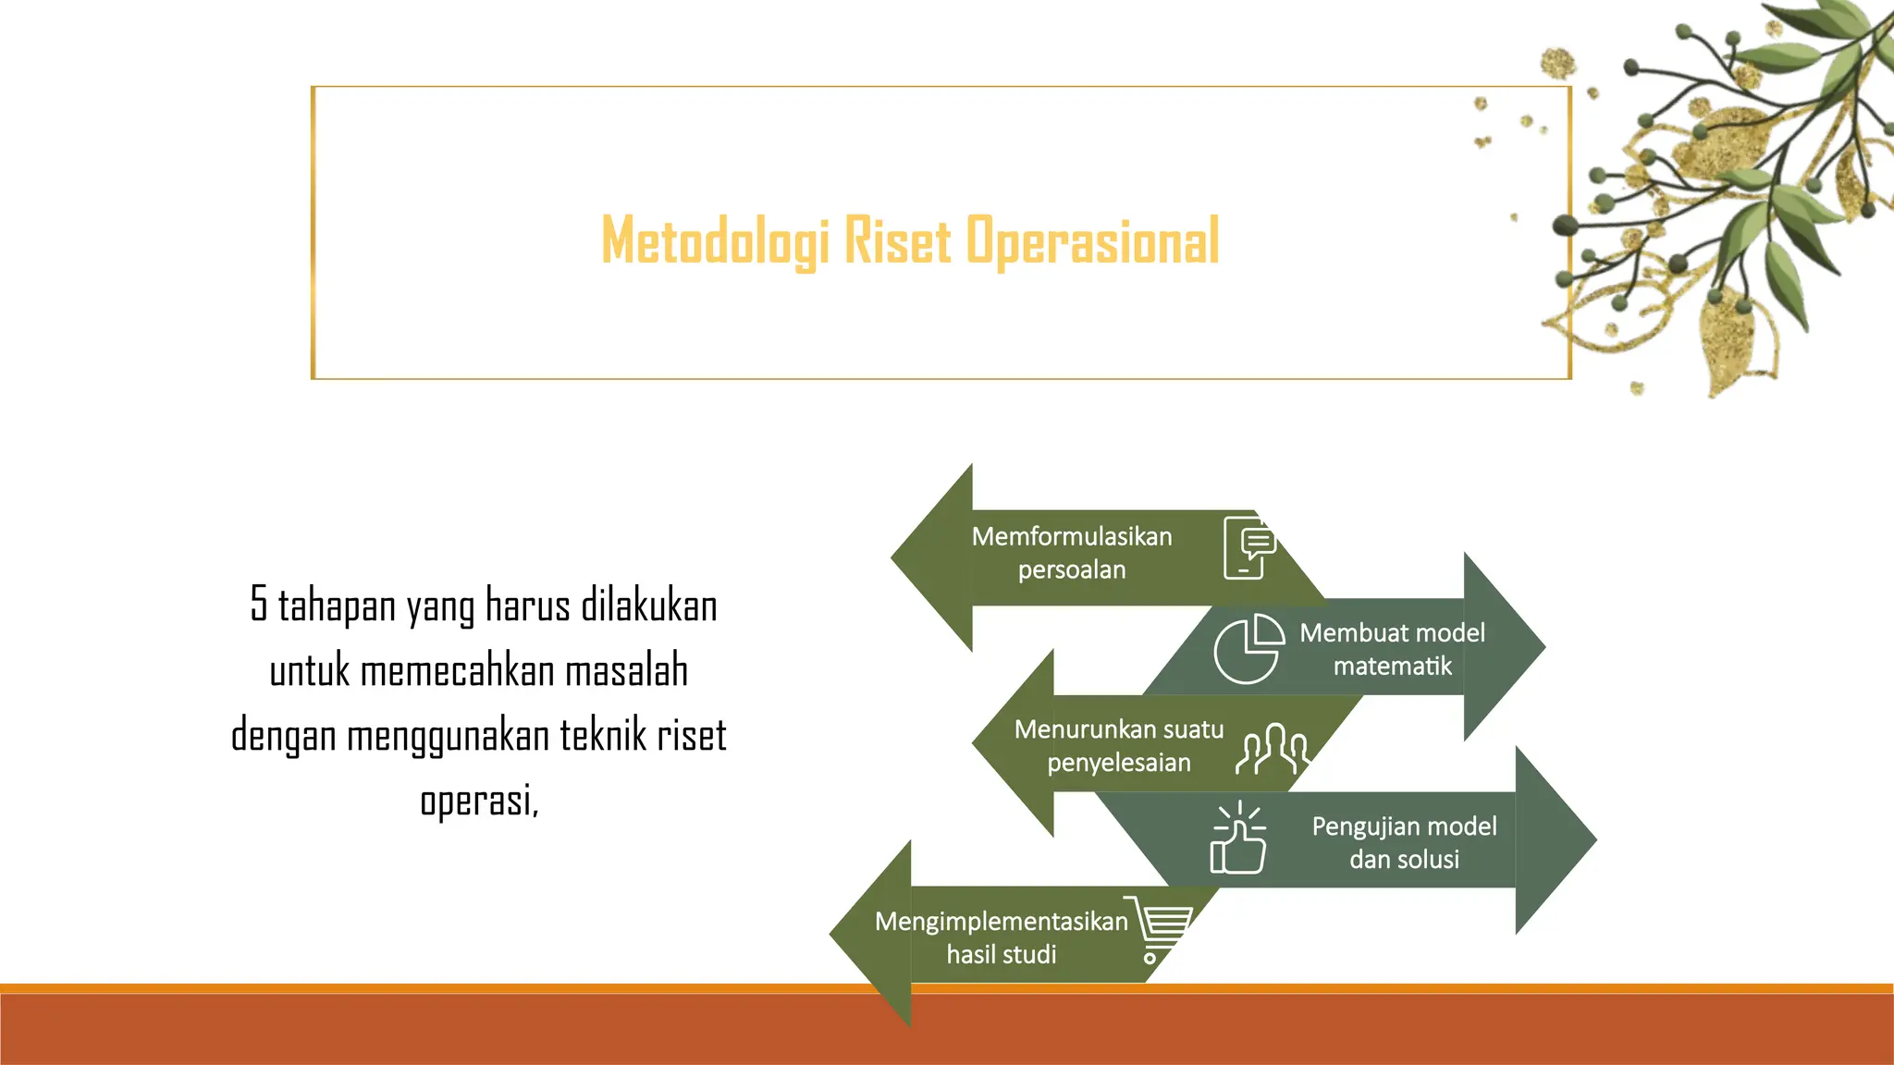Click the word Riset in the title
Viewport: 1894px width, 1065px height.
click(x=897, y=241)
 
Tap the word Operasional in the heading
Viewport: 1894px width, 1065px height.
click(x=1093, y=241)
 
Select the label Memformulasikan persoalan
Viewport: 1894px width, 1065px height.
click(x=1072, y=553)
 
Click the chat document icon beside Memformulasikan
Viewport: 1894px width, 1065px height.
click(x=1248, y=548)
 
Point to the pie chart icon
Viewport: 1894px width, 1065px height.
click(x=1248, y=649)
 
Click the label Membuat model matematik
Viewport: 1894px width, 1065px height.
click(x=1392, y=649)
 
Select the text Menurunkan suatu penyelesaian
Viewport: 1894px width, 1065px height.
click(x=1118, y=746)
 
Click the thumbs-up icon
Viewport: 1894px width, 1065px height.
click(x=1238, y=839)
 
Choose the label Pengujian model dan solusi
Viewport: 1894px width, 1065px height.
click(x=1403, y=842)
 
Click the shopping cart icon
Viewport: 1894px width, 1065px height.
click(x=1159, y=928)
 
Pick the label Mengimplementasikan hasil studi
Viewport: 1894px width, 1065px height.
click(x=1001, y=937)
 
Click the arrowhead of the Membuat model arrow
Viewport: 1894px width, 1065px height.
click(x=1503, y=646)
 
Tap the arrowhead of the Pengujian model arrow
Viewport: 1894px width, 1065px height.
click(x=1554, y=839)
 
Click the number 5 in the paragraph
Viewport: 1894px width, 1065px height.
click(x=258, y=605)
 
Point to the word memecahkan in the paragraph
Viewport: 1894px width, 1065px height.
click(x=458, y=671)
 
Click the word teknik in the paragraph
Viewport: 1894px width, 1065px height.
click(x=602, y=736)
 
